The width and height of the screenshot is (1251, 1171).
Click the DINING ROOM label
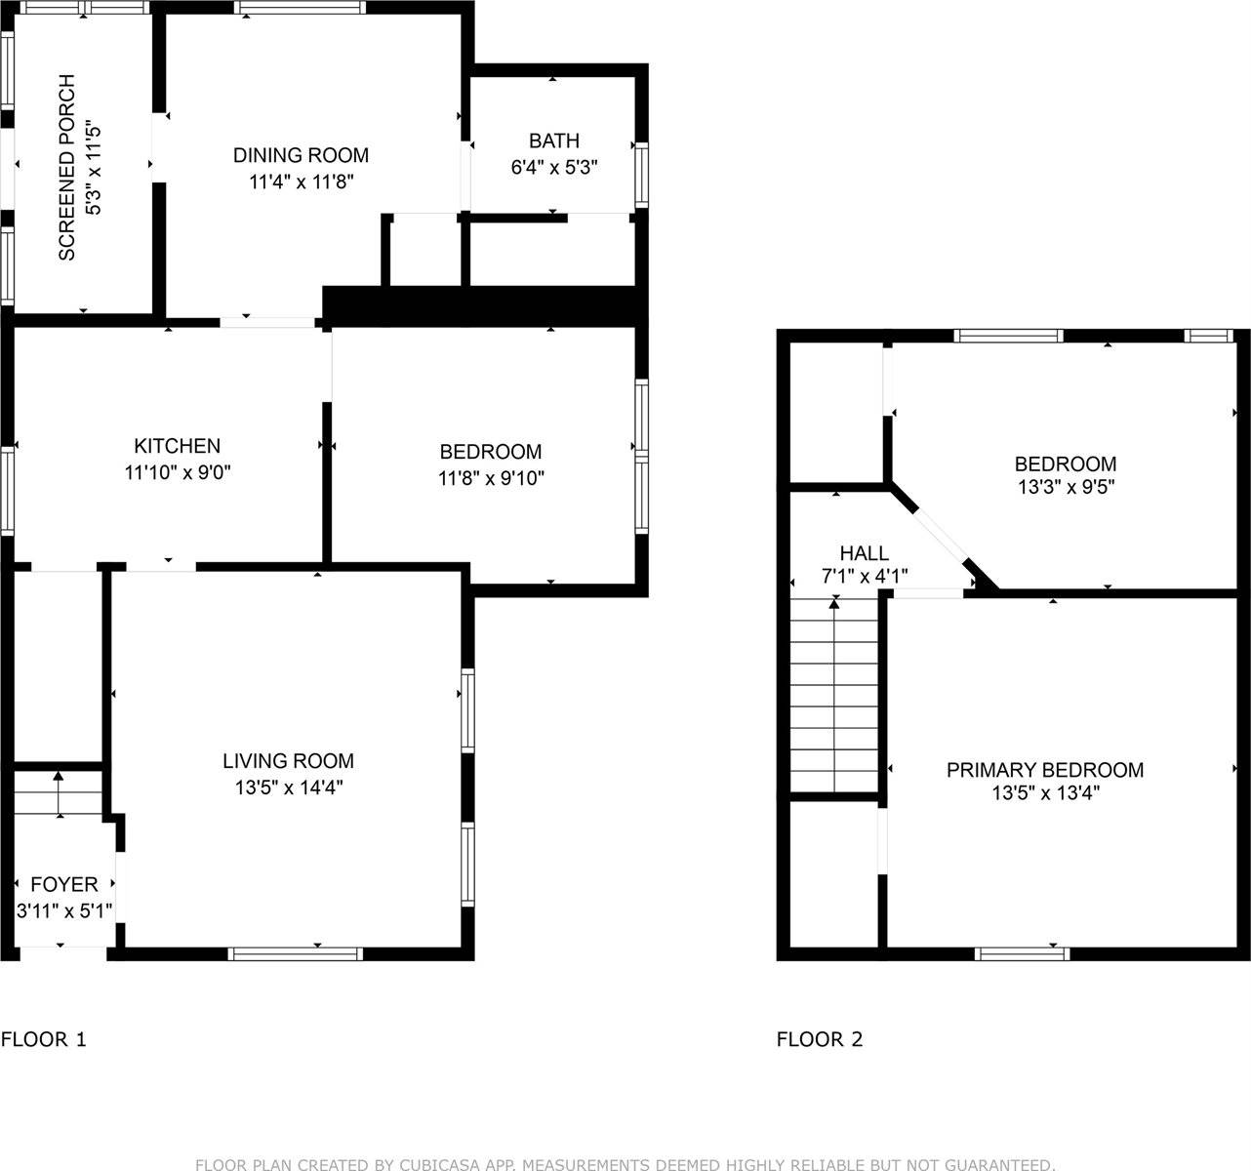(301, 155)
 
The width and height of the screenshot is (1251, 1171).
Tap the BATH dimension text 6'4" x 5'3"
(553, 167)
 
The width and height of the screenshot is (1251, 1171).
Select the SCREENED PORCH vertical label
(66, 167)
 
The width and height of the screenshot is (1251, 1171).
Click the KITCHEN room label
(177, 446)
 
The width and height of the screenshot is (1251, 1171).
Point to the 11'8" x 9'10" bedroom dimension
(491, 478)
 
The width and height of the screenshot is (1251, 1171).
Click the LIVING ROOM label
(288, 761)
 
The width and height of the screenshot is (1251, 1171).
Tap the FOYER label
(64, 884)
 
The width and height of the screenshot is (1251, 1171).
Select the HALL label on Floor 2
(864, 553)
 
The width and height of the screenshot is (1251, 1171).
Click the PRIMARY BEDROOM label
(1044, 770)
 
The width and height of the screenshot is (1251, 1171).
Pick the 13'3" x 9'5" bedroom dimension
(1066, 488)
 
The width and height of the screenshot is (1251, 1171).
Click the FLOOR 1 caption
(44, 1039)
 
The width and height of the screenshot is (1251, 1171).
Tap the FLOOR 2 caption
(820, 1039)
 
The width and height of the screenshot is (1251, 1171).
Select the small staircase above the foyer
(58, 793)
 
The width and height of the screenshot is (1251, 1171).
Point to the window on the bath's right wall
(641, 174)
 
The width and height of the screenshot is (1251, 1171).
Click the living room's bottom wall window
(296, 953)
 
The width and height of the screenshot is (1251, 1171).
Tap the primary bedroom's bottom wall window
(1022, 953)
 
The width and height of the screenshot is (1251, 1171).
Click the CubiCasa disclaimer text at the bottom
(625, 1164)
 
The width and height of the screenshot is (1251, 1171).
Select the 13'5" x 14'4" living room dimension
(288, 787)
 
